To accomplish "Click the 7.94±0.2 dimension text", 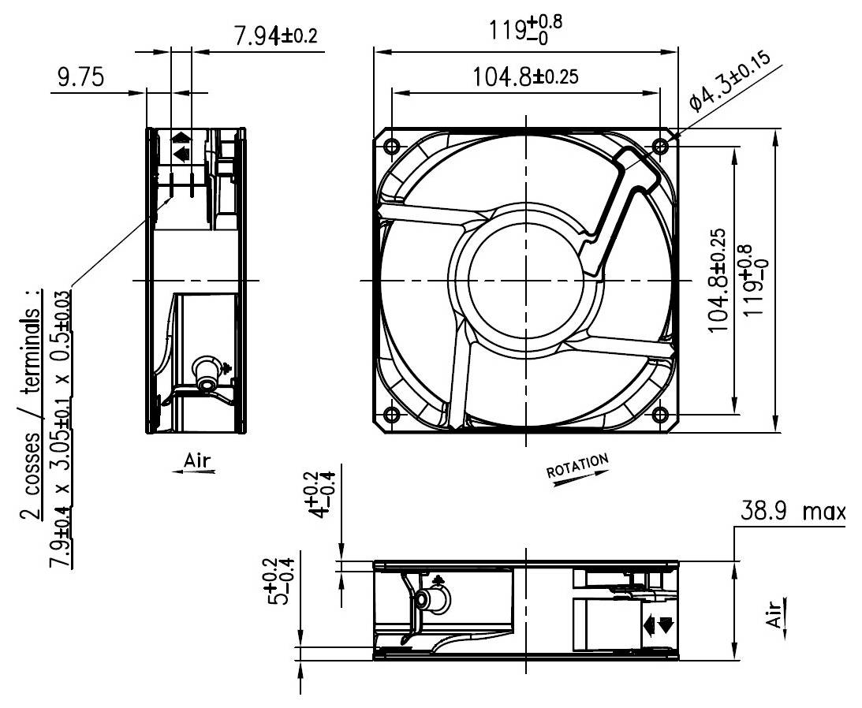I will click(276, 36).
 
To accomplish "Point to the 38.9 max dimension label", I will click(791, 512).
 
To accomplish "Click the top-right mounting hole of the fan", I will click(661, 146).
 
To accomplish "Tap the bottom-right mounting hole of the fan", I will click(661, 415).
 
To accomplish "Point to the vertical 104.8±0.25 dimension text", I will click(718, 280).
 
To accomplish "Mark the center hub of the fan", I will click(524, 280).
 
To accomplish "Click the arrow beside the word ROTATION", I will click(580, 478).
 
